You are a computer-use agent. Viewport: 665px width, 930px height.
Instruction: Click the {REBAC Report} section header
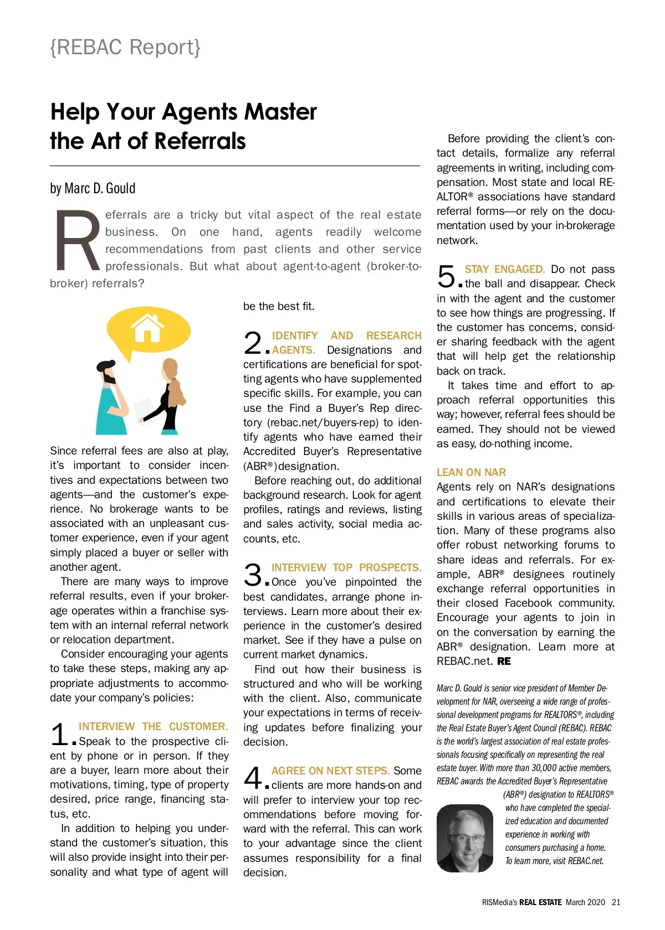click(x=125, y=48)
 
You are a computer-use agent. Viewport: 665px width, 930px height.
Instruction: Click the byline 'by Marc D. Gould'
click(x=93, y=188)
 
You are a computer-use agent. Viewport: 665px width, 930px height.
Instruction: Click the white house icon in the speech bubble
click(x=147, y=328)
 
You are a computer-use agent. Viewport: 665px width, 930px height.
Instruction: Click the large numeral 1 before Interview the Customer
click(x=59, y=735)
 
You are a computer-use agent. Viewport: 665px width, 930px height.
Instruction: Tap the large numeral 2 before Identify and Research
click(x=253, y=343)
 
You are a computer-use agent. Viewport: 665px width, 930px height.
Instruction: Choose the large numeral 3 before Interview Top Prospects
click(x=253, y=575)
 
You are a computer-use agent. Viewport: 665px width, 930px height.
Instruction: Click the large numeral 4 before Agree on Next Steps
click(x=253, y=778)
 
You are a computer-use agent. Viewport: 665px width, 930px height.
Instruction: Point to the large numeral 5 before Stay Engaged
click(x=446, y=277)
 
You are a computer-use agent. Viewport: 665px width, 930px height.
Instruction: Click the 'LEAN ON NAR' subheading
click(x=471, y=472)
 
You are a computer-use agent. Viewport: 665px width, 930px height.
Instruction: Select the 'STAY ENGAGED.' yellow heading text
click(x=504, y=270)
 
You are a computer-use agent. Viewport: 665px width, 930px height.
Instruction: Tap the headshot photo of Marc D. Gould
click(x=464, y=838)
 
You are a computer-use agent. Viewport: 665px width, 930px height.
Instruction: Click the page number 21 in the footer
click(x=616, y=902)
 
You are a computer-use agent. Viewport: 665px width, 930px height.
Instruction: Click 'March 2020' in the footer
click(x=585, y=902)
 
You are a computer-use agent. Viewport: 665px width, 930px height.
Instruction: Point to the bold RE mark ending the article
click(x=504, y=661)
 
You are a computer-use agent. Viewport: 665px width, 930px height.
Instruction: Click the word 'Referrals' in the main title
click(x=200, y=141)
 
